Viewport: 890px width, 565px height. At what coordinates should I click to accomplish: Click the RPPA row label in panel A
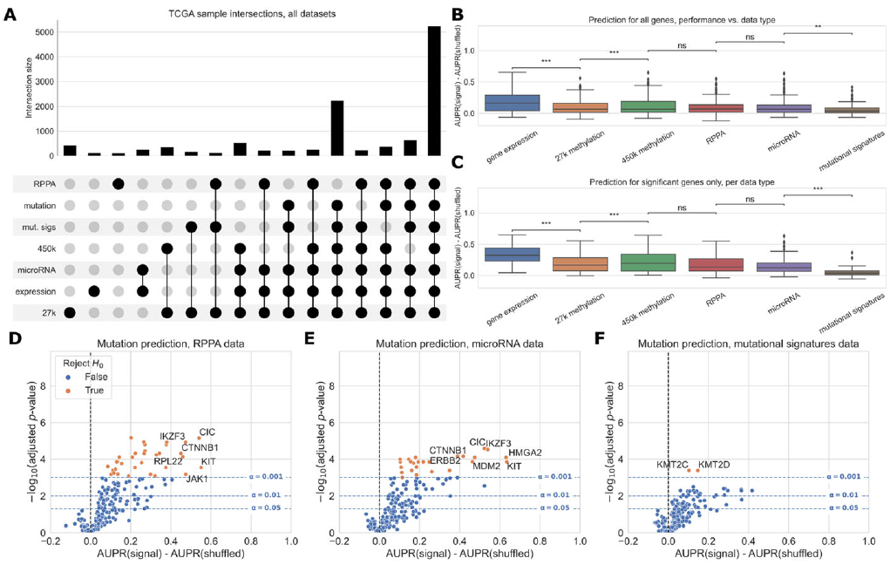[x=44, y=184]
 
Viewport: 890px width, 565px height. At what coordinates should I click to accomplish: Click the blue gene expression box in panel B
[x=512, y=102]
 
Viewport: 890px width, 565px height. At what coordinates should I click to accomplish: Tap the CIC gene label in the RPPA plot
[x=207, y=432]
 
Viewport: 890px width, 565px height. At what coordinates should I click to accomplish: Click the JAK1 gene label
[x=197, y=479]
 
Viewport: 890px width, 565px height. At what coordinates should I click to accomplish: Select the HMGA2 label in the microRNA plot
[x=526, y=452]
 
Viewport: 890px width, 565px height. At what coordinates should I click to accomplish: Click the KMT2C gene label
[x=674, y=464]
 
